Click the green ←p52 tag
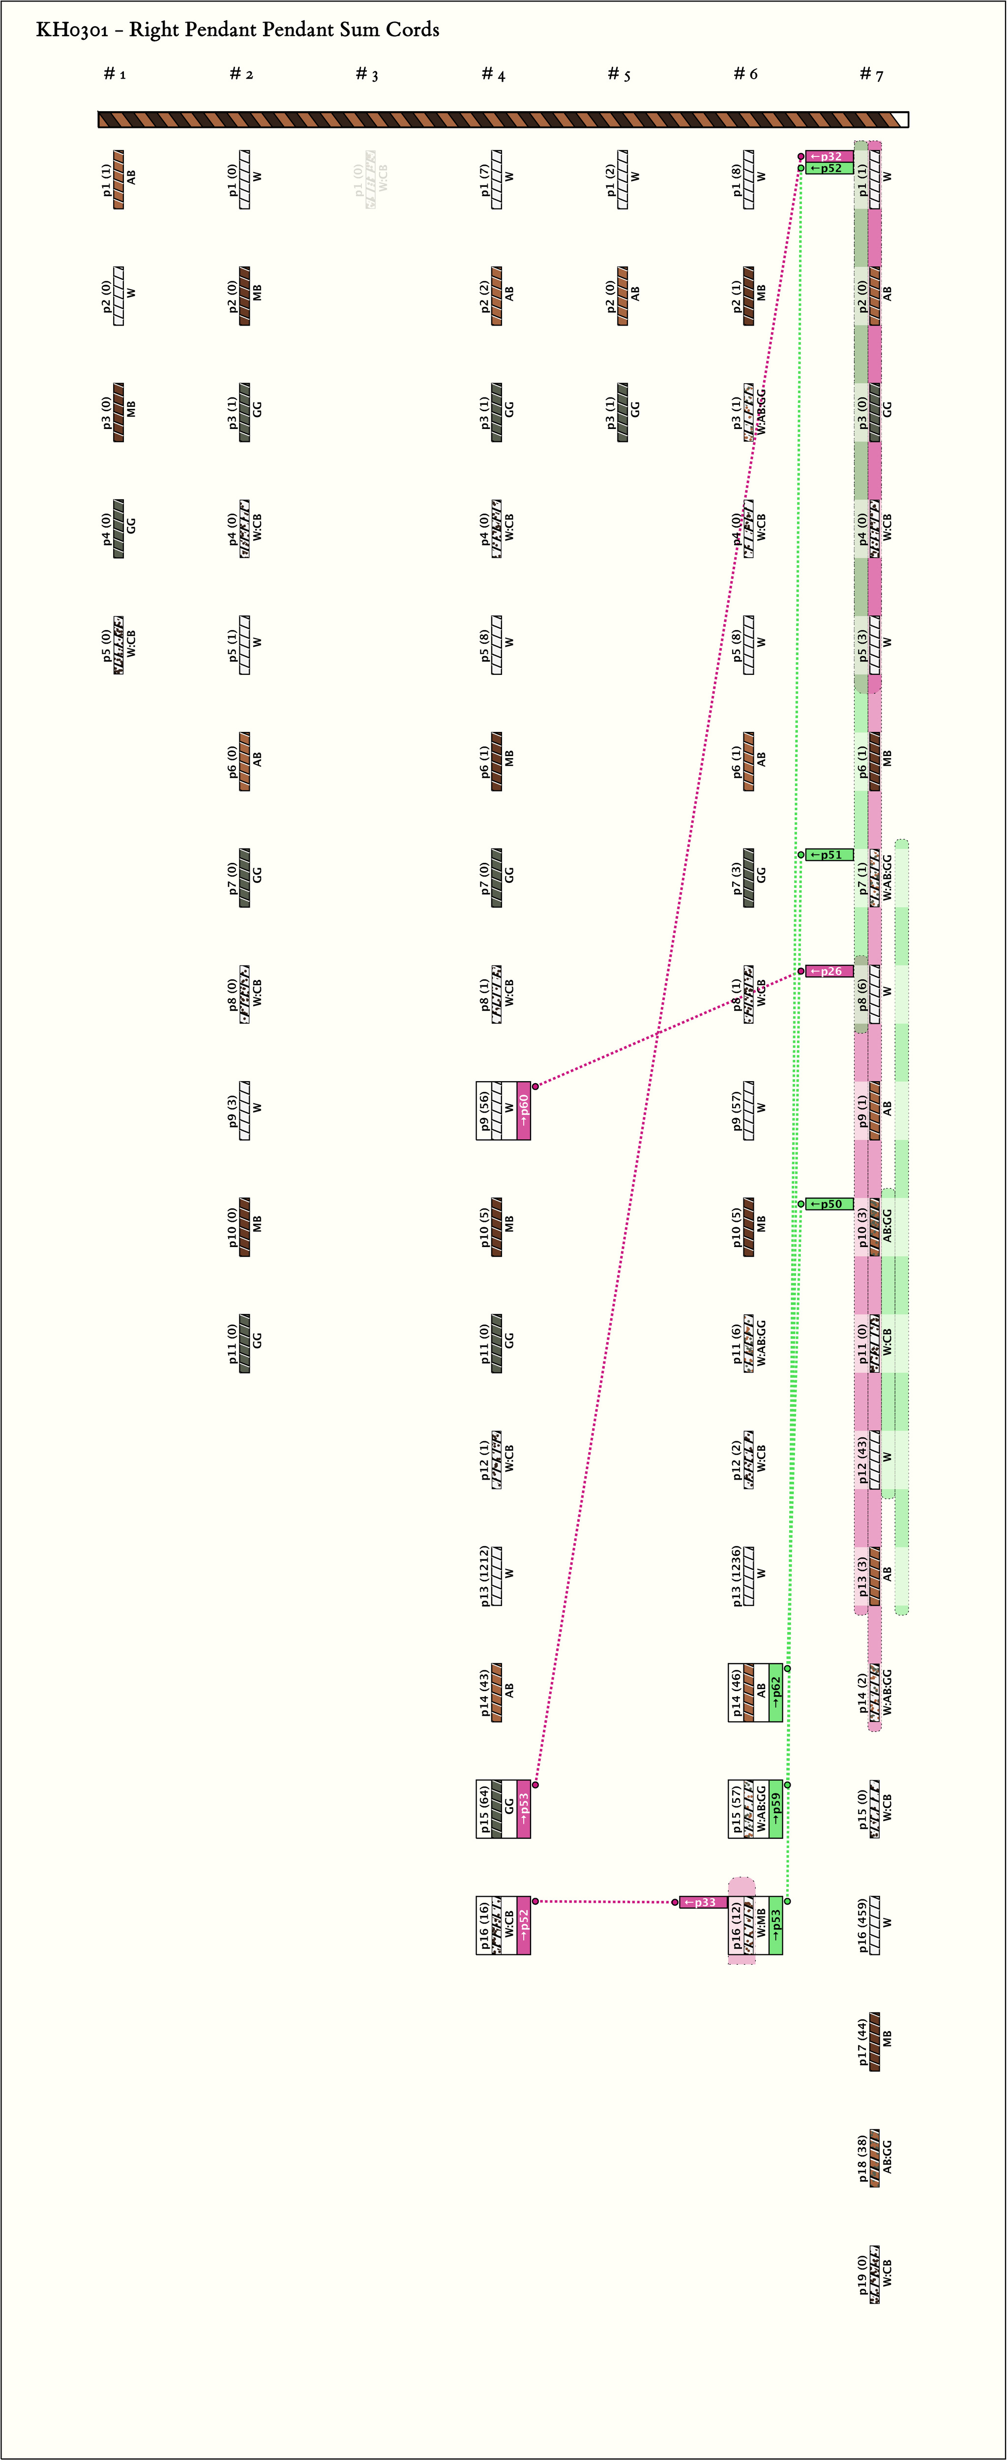point(829,168)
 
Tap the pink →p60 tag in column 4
point(523,1111)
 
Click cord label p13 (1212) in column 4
point(484,1576)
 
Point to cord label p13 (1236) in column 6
point(736,1576)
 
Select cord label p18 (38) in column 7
point(862,2158)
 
